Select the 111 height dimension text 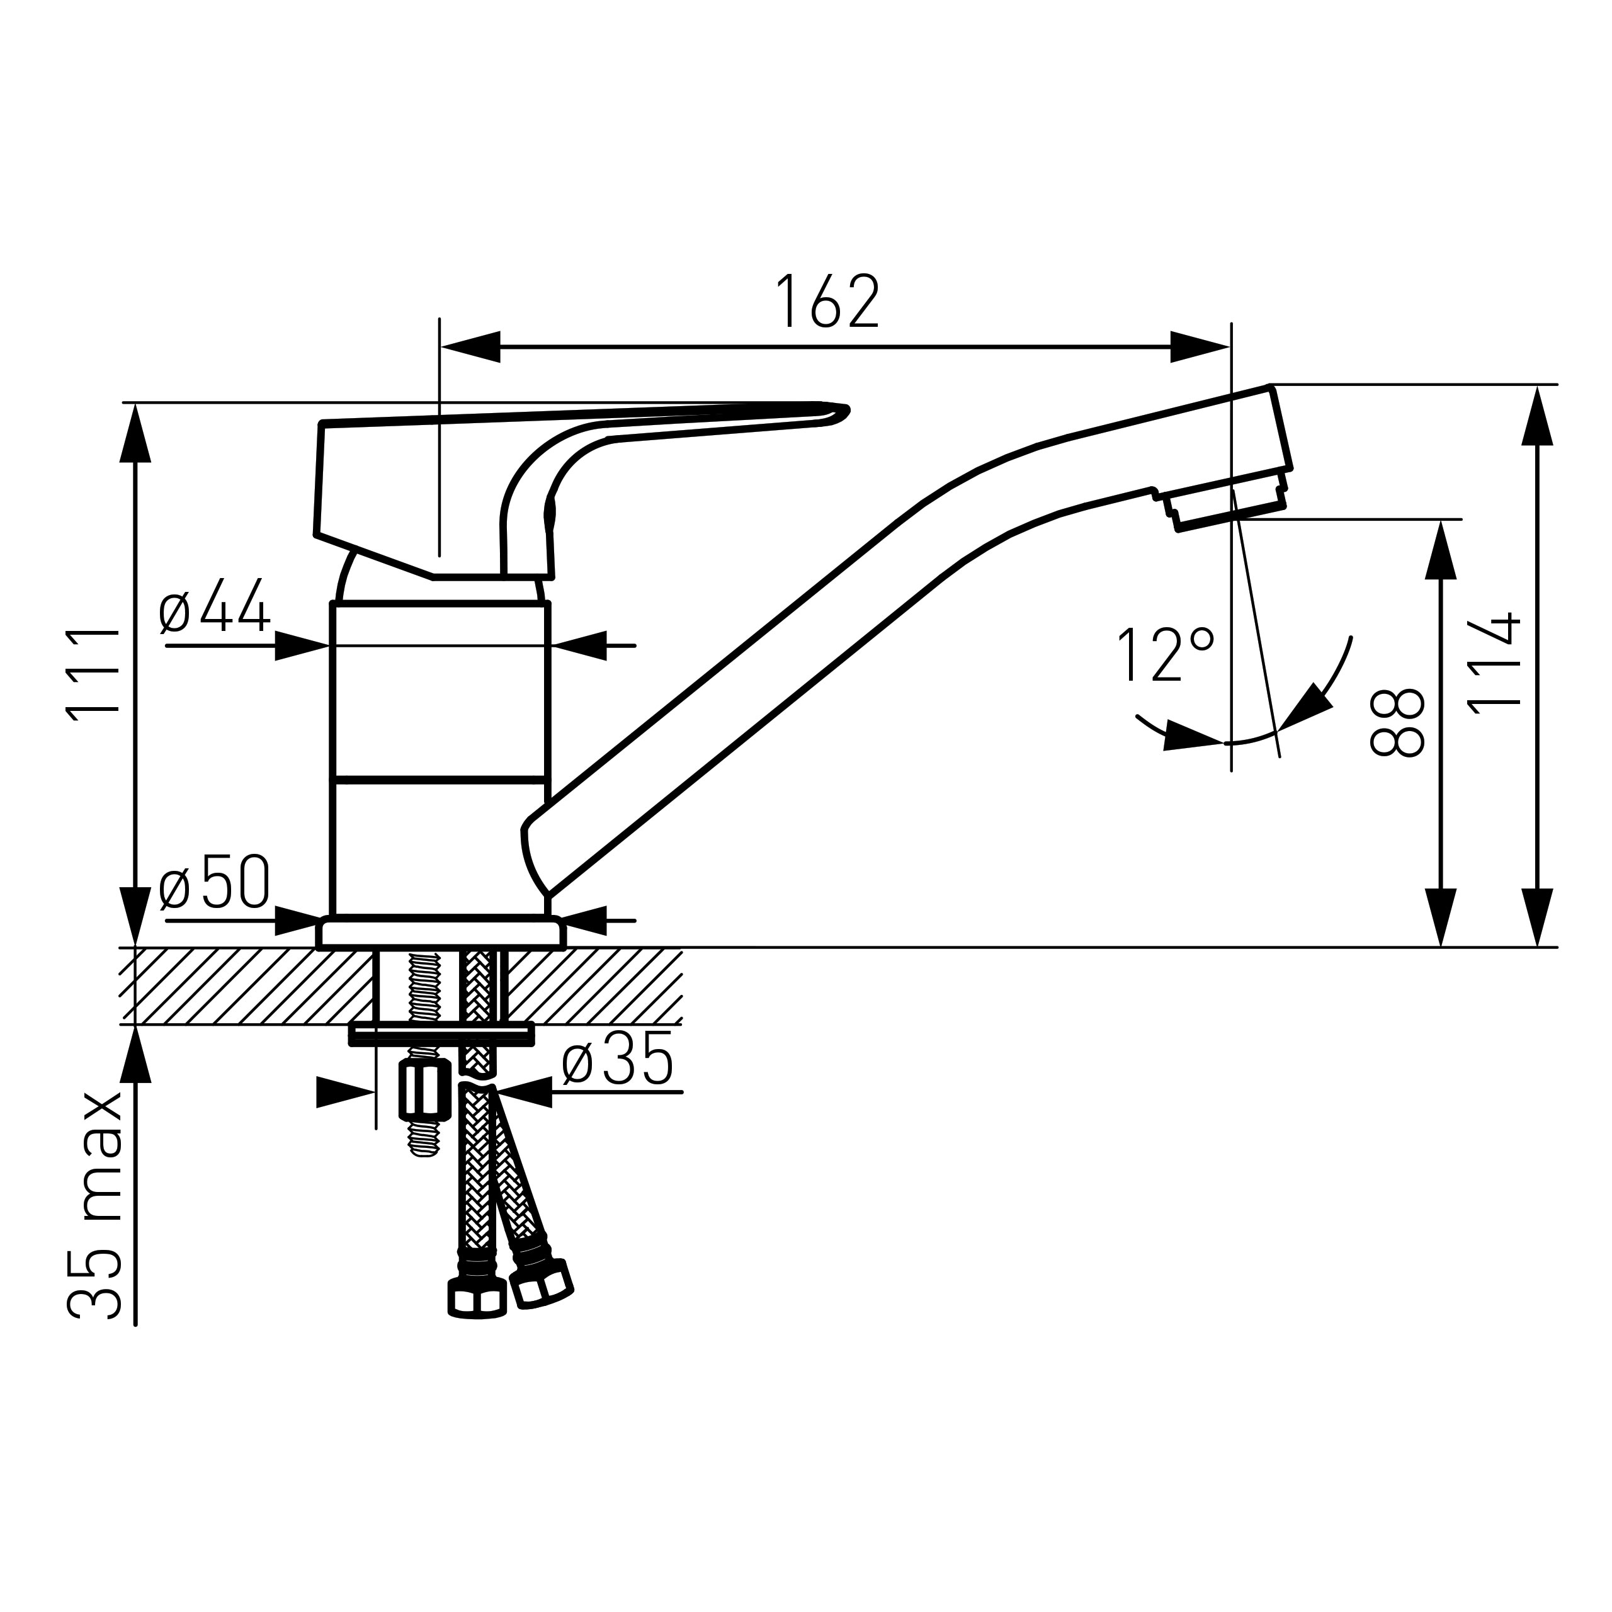click(93, 672)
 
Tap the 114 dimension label click(1494, 665)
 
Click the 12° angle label click(1164, 655)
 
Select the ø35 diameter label click(618, 1060)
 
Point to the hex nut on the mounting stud click(424, 1093)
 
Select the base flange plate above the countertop click(441, 933)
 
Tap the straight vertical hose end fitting click(477, 1302)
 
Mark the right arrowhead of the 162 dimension click(1200, 347)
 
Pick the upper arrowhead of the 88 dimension click(1441, 551)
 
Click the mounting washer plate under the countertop click(441, 1035)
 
